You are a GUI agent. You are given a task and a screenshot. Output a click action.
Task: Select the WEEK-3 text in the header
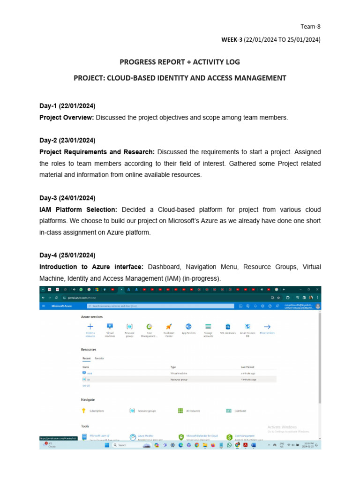(231, 40)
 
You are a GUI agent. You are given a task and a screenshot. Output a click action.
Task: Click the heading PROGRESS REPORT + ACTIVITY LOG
(180, 62)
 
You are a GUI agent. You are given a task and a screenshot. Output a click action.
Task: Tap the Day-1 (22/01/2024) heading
(67, 105)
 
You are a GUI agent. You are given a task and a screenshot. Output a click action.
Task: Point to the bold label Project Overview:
(67, 118)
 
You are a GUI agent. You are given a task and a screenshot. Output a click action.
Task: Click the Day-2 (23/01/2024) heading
(67, 140)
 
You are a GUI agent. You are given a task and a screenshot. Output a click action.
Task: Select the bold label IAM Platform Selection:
(79, 209)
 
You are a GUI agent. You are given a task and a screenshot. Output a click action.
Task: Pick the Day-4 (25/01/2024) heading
(67, 255)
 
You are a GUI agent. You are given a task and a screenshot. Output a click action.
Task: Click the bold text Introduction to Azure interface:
(91, 267)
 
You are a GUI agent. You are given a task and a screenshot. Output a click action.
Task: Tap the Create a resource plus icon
(90, 327)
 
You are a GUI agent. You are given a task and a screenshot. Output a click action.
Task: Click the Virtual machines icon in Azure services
(110, 327)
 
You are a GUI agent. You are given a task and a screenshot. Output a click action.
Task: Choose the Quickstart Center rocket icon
(169, 327)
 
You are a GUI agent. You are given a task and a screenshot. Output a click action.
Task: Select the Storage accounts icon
(208, 327)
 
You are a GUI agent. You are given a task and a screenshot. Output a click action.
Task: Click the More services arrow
(267, 327)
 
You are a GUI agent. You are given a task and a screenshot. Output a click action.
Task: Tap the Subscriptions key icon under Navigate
(84, 411)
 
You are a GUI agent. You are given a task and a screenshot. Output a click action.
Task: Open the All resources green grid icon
(180, 411)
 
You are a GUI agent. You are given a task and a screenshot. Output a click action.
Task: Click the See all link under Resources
(86, 385)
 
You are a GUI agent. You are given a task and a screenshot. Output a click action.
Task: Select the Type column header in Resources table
(173, 367)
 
